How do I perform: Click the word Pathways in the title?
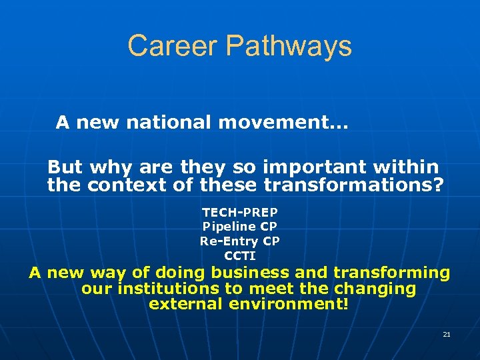[x=289, y=46]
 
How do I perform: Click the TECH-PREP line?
[x=240, y=213]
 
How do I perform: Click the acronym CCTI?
[x=240, y=255]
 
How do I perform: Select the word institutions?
[x=157, y=289]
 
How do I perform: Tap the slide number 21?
[x=447, y=334]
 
